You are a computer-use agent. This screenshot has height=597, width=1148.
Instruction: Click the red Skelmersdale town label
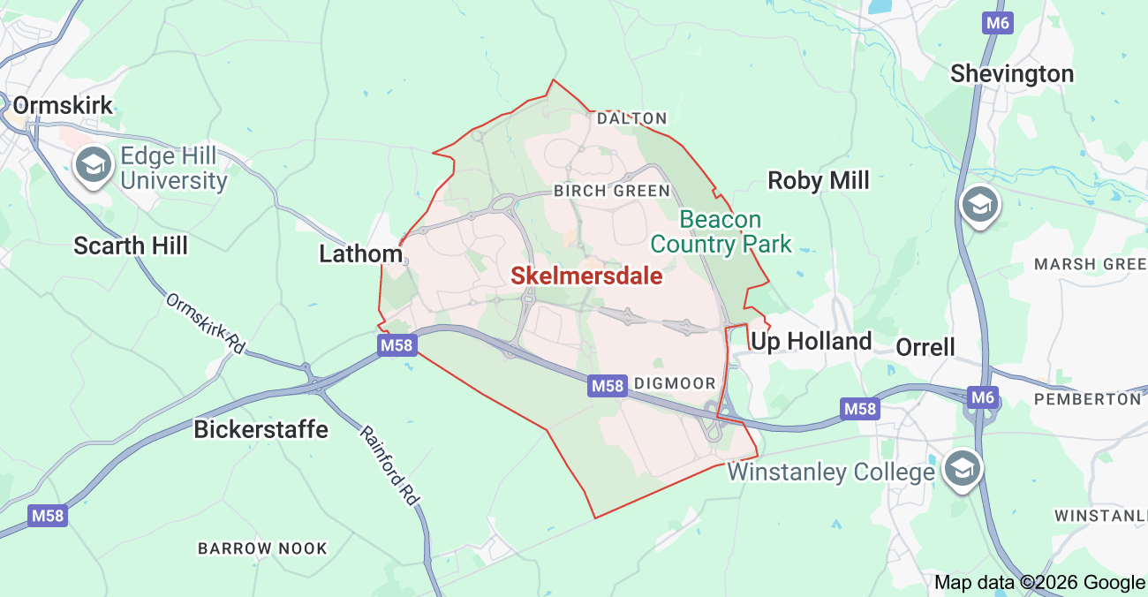point(586,276)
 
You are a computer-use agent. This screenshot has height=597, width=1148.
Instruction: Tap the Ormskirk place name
point(64,106)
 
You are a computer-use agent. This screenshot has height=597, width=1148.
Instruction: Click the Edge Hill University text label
point(173,169)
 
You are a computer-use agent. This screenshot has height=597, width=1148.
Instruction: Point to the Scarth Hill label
point(131,246)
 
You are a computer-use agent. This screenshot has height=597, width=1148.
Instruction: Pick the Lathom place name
point(360,254)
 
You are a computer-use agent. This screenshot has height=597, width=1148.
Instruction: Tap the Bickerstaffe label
point(261,430)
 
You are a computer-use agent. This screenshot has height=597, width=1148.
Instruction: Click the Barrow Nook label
point(262,548)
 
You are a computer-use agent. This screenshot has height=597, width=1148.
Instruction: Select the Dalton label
point(631,117)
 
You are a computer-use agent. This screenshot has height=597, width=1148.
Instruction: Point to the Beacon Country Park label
point(721,231)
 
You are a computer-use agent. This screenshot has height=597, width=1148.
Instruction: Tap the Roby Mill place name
point(819,181)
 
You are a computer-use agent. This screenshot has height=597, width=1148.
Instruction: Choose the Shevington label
point(1012,74)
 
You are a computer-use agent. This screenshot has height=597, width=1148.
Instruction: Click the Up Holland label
point(811,342)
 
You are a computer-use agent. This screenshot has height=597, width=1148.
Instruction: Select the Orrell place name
point(925,347)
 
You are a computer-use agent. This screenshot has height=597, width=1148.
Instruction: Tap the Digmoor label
point(675,383)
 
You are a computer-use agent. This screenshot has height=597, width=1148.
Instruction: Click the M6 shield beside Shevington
point(997,23)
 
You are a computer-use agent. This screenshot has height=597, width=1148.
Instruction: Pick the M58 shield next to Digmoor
point(607,385)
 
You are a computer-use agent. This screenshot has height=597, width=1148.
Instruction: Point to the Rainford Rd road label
point(389,465)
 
